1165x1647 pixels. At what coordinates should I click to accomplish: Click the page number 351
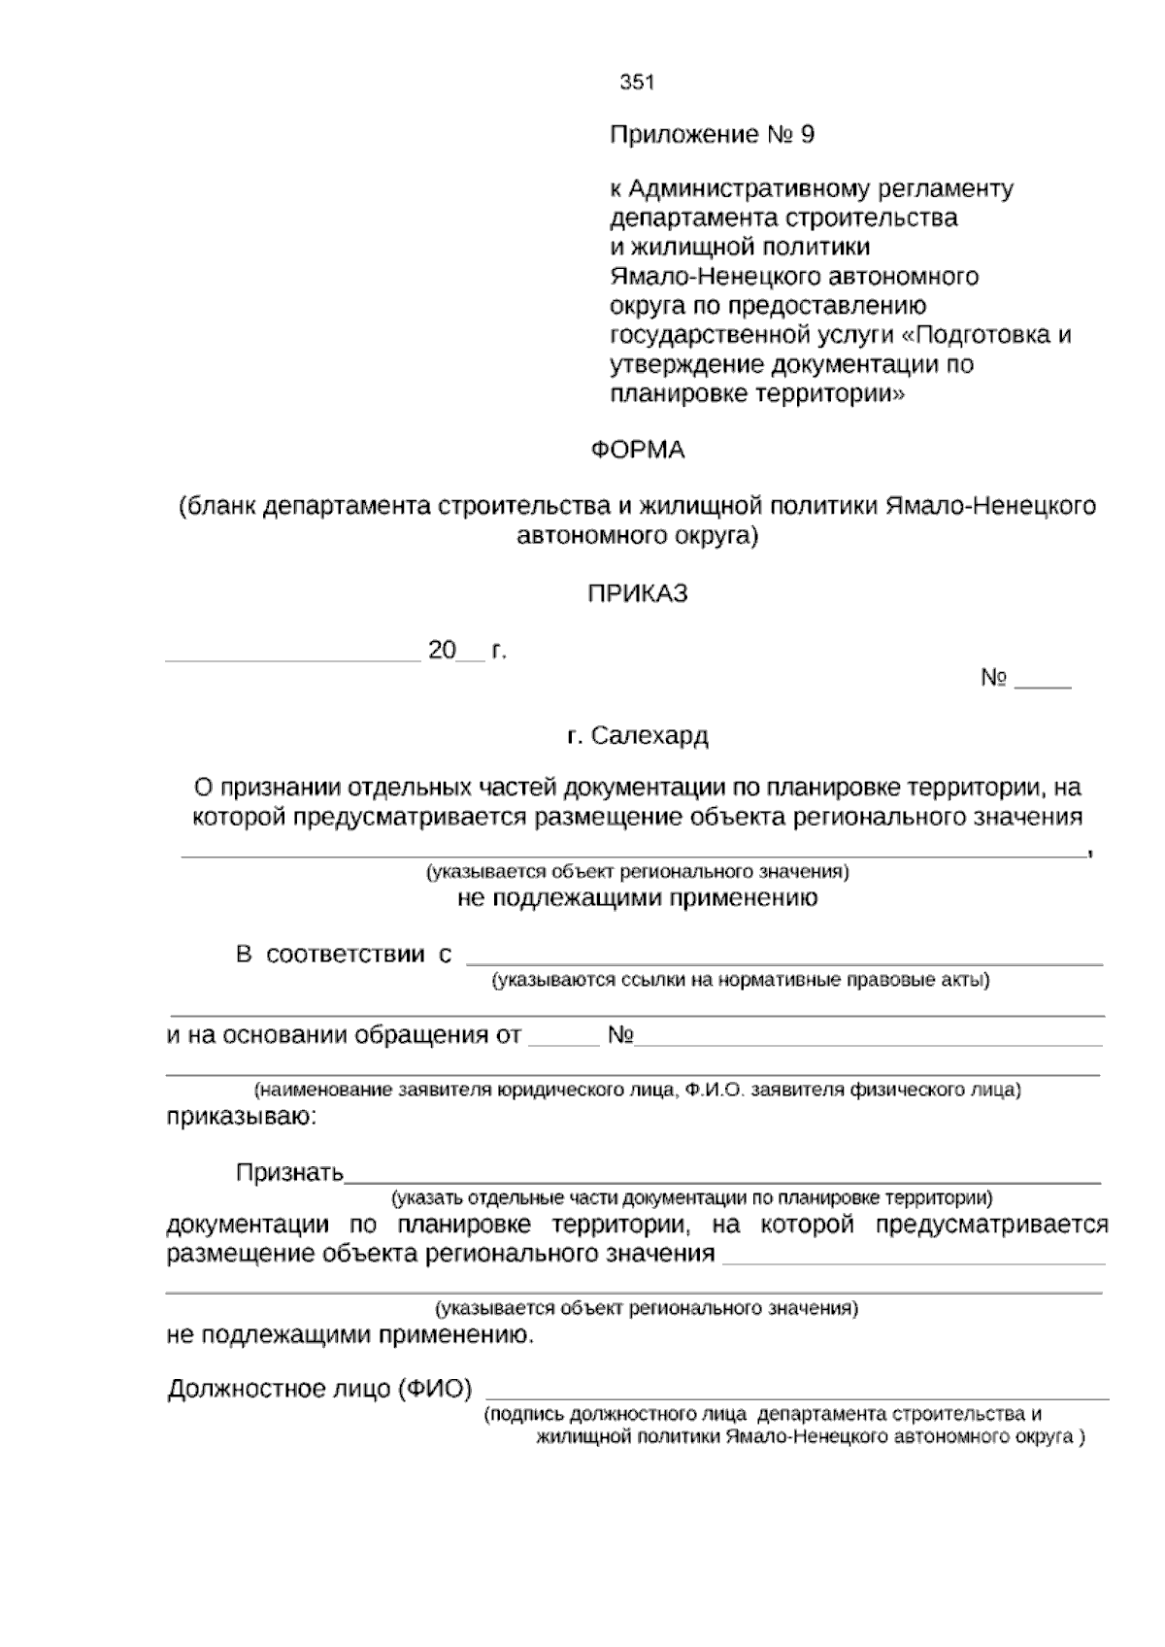tap(637, 83)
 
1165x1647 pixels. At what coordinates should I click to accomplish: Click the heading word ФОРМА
tap(638, 451)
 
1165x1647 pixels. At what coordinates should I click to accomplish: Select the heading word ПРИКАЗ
tap(638, 593)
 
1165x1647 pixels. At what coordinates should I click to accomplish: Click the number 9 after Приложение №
tap(806, 135)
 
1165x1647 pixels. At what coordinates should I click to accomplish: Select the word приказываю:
tap(241, 1117)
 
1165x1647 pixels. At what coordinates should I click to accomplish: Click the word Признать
tap(289, 1173)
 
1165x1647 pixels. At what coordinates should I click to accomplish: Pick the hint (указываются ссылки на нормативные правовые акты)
tap(740, 980)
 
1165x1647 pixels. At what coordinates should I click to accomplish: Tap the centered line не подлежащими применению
tap(637, 898)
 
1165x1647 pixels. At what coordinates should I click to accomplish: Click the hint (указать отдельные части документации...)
tap(691, 1198)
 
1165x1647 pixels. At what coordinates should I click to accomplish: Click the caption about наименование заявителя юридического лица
tap(637, 1090)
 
